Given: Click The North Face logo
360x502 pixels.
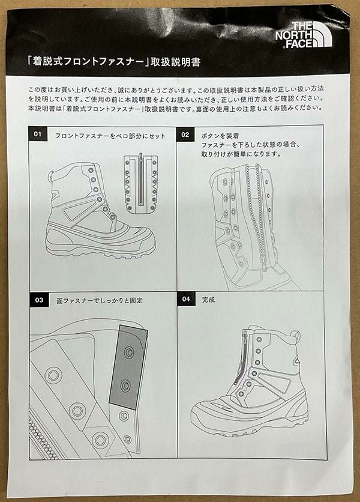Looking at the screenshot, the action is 304,35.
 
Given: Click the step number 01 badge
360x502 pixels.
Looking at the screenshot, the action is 38,134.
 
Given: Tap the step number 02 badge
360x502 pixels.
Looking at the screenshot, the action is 185,135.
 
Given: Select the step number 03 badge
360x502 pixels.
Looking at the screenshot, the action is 39,300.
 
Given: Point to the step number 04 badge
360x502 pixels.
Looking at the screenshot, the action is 186,299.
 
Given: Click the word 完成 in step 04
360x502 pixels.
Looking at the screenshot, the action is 208,300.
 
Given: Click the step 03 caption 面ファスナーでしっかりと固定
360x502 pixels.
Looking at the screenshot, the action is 100,301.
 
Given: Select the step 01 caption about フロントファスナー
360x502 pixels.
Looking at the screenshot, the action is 110,136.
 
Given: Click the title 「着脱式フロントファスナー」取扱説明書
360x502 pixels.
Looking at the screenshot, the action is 114,61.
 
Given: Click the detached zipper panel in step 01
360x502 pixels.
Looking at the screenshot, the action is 141,184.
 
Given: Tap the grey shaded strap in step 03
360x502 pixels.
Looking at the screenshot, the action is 128,367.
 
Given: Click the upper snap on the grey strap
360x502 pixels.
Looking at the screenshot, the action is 129,352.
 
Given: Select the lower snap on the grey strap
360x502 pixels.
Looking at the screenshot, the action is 125,386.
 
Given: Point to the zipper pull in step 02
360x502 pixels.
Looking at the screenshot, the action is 263,264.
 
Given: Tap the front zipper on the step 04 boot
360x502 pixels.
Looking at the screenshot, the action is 241,357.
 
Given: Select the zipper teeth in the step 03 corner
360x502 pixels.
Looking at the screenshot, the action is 43,438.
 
